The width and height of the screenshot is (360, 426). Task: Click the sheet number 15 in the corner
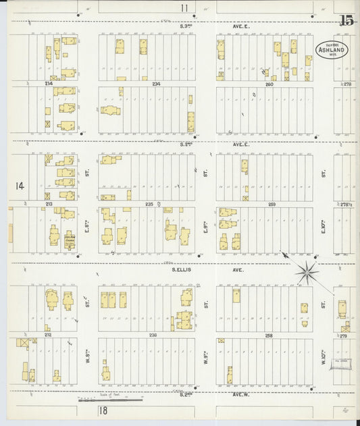click(x=346, y=20)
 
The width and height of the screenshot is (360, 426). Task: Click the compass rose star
click(x=307, y=271)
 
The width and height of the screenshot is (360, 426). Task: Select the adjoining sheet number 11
click(x=184, y=8)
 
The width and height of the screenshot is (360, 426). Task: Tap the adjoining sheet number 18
click(x=103, y=410)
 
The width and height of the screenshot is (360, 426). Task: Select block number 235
click(x=150, y=203)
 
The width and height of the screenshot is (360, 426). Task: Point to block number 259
click(x=272, y=203)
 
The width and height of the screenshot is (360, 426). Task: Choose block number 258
click(x=269, y=334)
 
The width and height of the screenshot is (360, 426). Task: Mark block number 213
click(x=49, y=203)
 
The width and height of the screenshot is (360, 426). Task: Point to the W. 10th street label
click(x=324, y=360)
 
